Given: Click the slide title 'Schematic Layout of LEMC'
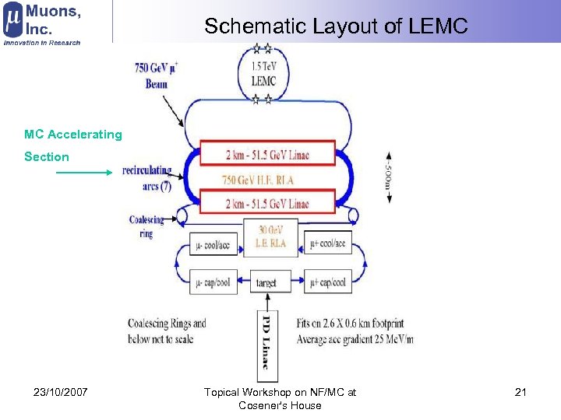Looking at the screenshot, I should [336, 26].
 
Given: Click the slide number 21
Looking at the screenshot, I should [520, 392].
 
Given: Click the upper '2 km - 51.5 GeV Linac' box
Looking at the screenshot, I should [267, 154].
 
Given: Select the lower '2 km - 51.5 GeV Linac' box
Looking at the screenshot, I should [267, 204].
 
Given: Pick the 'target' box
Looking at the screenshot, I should [266, 282].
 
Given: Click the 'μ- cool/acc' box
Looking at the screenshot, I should [212, 245].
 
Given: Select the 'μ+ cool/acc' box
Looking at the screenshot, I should [326, 243].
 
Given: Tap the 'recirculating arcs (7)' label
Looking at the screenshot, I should [147, 178].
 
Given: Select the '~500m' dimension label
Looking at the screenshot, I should [389, 176].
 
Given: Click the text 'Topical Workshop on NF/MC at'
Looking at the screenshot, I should [280, 392].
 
